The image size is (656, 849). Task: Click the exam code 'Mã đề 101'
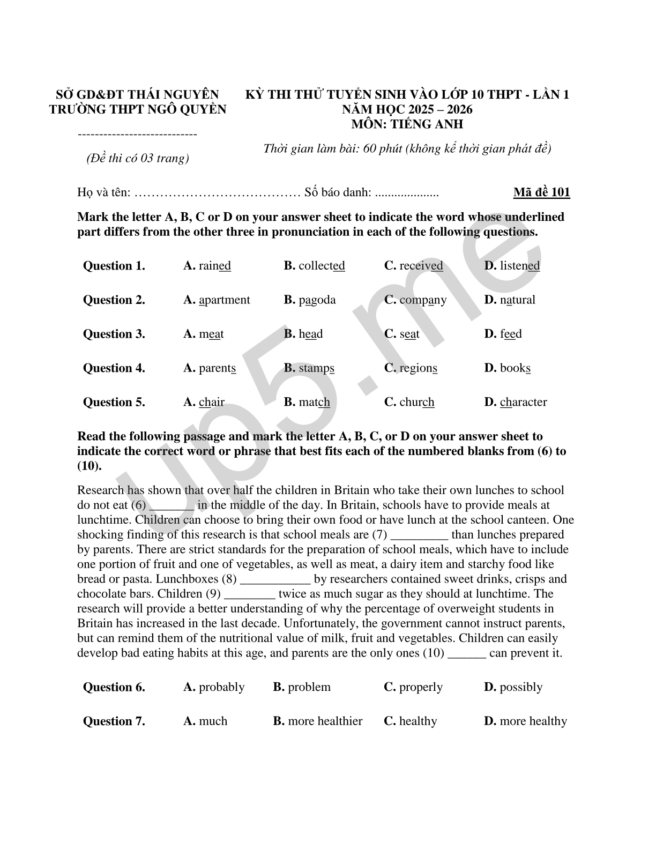[x=541, y=192]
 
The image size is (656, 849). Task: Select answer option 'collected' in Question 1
[x=321, y=266]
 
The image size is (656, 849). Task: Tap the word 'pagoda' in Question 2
[x=317, y=300]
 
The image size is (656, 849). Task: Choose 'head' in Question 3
[x=310, y=334]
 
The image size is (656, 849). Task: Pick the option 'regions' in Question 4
[x=418, y=368]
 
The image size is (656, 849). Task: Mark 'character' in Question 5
[x=523, y=402]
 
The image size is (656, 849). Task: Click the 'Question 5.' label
[x=114, y=402]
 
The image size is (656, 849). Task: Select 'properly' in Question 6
[x=421, y=687]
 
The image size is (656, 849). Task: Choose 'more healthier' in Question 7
[x=325, y=721]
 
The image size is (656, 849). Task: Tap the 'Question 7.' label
[x=114, y=721]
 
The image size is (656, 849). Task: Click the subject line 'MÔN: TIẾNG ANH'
[x=407, y=124]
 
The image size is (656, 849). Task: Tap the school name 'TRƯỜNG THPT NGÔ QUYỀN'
[x=138, y=109]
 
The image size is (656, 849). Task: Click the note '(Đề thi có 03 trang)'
[x=138, y=159]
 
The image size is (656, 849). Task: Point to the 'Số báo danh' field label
[x=338, y=192]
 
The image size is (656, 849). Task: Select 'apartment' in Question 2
[x=224, y=300]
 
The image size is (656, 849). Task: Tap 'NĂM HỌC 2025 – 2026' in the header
[x=407, y=109]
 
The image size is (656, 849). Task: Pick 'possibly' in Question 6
[x=520, y=687]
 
